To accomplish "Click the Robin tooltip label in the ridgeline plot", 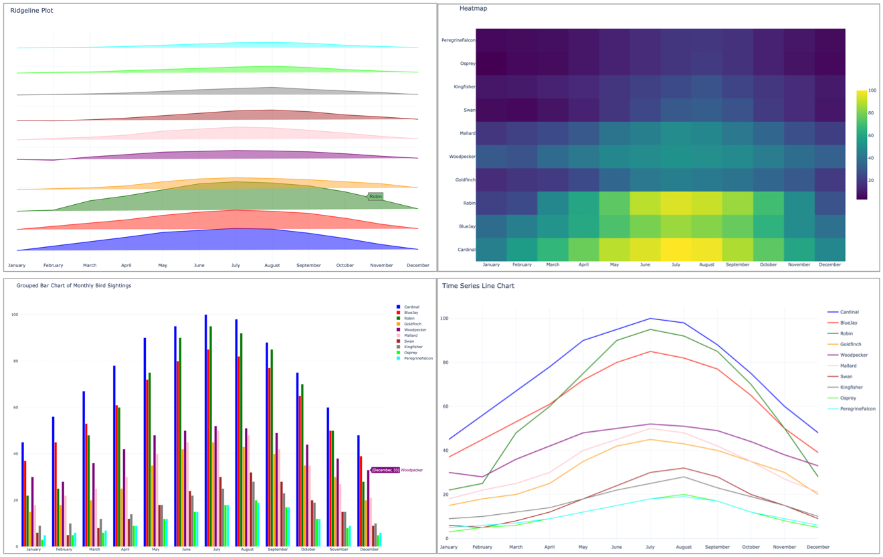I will tap(375, 196).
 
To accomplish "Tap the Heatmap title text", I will tap(473, 9).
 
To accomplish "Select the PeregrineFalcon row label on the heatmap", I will tap(458, 40).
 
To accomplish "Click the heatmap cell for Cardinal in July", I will tap(676, 250).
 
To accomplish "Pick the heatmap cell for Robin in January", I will tap(491, 203).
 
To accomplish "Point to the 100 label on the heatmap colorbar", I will tap(872, 91).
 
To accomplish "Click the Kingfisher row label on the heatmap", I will tap(463, 87).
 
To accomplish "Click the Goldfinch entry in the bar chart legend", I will tap(413, 324).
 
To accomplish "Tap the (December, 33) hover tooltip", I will tap(385, 471).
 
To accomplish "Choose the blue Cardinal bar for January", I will tap(23, 494).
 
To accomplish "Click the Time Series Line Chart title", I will tap(478, 286).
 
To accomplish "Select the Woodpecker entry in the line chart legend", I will tap(854, 355).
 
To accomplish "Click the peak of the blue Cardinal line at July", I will tap(650, 319).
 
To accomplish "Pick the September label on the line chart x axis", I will tap(717, 547).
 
